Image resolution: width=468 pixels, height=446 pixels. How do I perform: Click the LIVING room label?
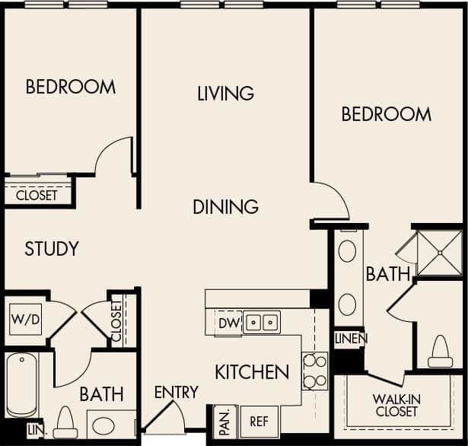coord(225,94)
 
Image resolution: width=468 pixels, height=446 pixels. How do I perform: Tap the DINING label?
coord(225,206)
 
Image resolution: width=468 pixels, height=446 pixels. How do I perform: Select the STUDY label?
coord(52,249)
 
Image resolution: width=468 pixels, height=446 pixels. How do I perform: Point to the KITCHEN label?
coord(251,372)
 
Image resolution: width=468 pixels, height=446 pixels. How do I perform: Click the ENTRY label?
coord(176,393)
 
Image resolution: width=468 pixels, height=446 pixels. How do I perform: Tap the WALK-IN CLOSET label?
coord(396,405)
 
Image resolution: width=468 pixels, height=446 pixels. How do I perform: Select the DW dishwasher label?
coord(228,323)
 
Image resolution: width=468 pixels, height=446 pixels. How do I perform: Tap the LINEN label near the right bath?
coord(350,338)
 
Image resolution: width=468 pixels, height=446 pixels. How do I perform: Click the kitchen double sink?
coord(261,323)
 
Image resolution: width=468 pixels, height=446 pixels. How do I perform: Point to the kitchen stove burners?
coord(315,371)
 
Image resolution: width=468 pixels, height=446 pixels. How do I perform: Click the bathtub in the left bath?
coord(21,385)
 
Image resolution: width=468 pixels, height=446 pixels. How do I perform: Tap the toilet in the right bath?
coord(441,352)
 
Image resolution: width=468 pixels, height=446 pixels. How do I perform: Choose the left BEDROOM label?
coord(71,87)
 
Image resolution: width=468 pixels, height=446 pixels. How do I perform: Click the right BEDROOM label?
coord(386,114)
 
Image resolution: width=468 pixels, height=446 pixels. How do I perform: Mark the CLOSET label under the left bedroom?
coord(37,195)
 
